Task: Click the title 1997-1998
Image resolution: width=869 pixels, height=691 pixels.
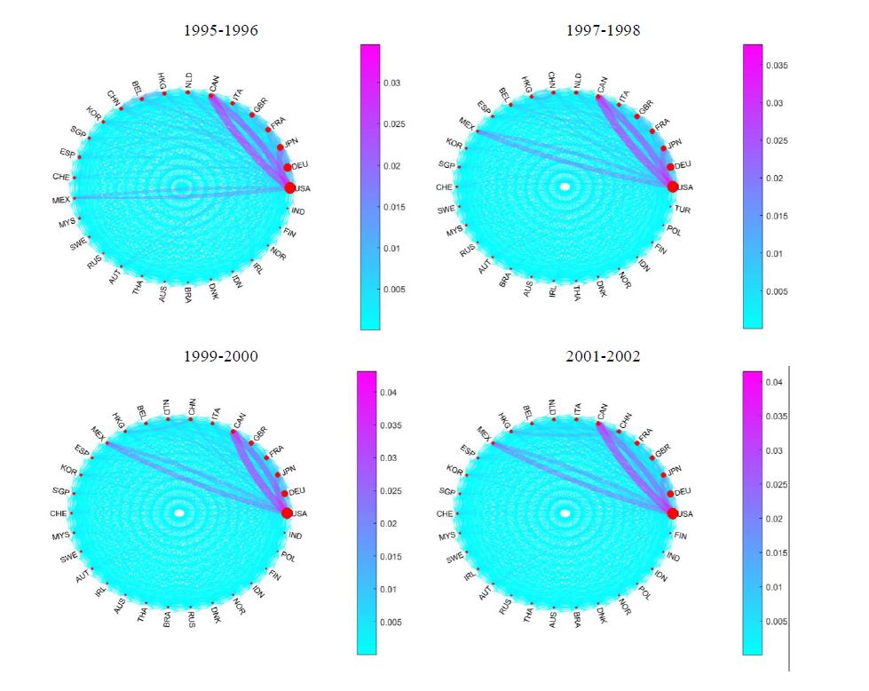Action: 603,30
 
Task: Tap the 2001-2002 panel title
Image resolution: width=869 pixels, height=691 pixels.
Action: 603,356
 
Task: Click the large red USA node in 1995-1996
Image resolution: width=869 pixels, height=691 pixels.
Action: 289,187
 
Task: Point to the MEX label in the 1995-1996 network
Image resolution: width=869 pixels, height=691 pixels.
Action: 60,200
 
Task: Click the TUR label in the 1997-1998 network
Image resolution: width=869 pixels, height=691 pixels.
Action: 682,209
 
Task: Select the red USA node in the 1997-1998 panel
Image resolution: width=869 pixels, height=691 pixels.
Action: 673,187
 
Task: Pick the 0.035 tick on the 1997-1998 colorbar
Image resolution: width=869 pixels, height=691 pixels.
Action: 775,66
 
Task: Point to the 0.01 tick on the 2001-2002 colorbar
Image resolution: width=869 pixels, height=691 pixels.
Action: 773,586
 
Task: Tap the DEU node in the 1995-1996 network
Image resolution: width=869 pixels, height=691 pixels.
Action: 287,167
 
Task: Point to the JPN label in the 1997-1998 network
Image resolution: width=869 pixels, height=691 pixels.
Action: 675,144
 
